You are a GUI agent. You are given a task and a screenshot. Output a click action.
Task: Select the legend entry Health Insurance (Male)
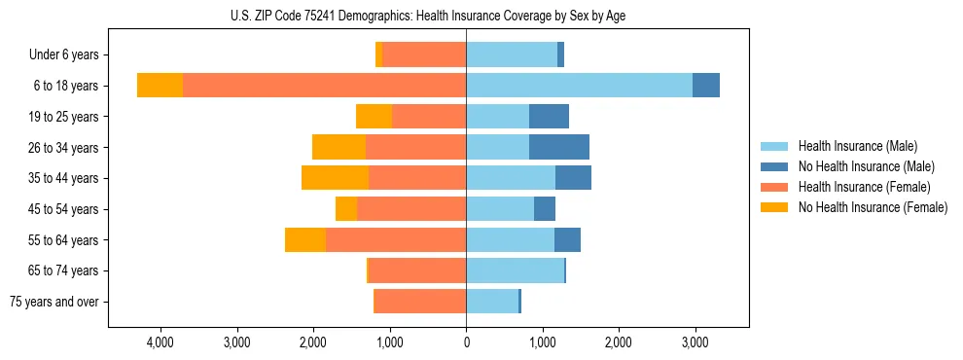(x=857, y=146)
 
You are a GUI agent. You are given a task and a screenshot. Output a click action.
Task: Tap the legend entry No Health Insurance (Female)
(x=873, y=207)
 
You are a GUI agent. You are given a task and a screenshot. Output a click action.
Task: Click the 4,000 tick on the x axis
(x=160, y=342)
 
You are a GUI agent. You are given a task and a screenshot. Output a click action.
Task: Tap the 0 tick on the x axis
(x=466, y=342)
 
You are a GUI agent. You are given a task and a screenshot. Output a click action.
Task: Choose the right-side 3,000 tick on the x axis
(x=694, y=342)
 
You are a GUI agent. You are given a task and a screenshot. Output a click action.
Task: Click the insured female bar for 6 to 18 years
(x=324, y=86)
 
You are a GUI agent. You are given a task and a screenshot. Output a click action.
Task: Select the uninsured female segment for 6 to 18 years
(x=160, y=86)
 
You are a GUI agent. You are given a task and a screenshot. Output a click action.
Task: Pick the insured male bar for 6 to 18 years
(x=579, y=86)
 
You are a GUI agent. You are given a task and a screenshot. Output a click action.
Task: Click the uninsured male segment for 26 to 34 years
(x=559, y=147)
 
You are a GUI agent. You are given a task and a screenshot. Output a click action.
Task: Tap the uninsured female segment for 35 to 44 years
(x=335, y=178)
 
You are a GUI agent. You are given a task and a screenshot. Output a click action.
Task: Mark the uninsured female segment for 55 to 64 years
(x=305, y=239)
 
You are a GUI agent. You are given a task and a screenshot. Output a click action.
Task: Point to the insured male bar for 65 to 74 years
(x=515, y=270)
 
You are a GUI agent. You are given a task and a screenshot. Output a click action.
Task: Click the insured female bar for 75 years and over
(x=420, y=302)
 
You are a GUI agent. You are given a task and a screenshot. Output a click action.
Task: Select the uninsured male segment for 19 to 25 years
(x=549, y=117)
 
